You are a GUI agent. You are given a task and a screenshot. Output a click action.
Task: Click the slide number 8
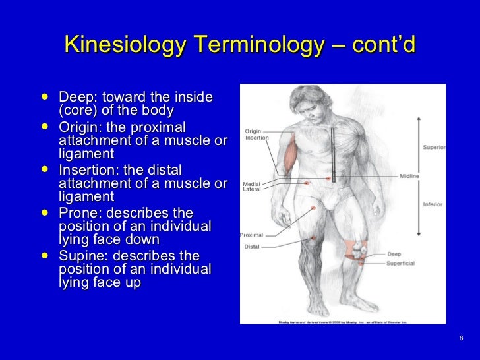(460, 338)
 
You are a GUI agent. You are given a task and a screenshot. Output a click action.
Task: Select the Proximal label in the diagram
(251, 235)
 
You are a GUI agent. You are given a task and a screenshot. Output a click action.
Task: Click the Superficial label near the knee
(402, 262)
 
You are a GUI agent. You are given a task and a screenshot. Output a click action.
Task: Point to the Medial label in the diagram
(252, 183)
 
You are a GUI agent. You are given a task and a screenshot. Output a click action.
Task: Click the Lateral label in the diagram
(253, 190)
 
